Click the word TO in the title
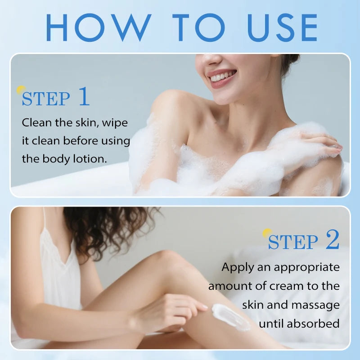point(197,27)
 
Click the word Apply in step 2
point(237,267)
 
